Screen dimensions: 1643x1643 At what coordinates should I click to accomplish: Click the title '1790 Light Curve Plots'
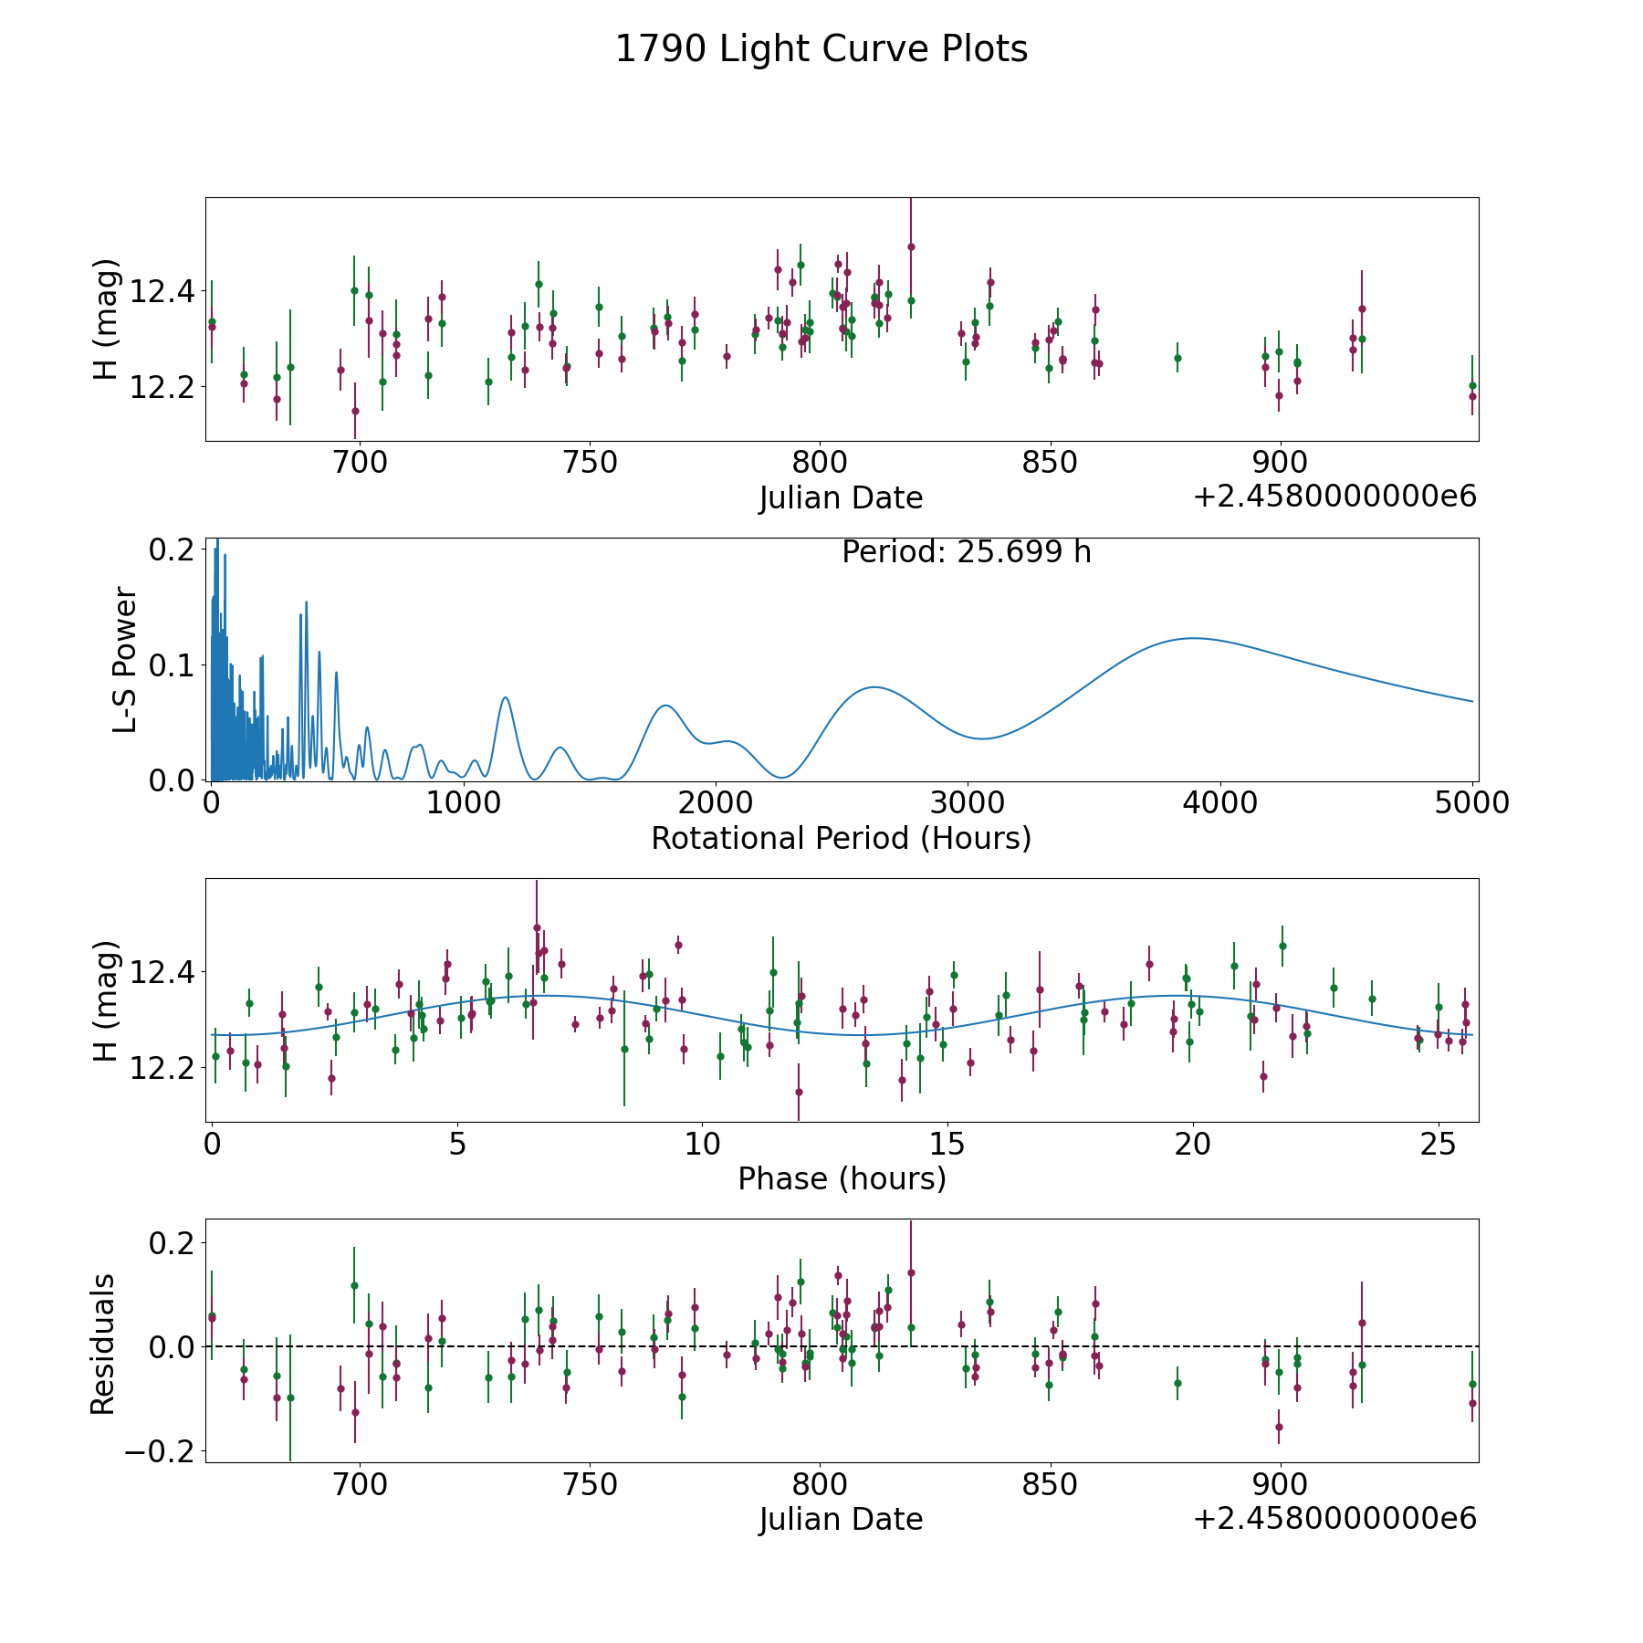click(x=821, y=49)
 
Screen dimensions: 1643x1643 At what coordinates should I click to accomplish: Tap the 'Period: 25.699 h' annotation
click(x=966, y=552)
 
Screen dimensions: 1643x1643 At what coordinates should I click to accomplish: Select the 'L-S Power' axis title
click(x=125, y=660)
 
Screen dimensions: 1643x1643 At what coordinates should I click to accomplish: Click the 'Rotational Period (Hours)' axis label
click(x=841, y=838)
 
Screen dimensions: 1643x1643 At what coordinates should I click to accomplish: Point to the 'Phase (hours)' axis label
click(x=842, y=1178)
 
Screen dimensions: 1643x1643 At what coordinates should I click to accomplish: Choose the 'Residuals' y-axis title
click(x=103, y=1344)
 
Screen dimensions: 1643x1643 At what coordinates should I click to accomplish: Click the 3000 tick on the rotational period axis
click(x=968, y=803)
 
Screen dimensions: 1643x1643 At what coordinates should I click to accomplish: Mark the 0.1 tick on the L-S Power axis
click(x=173, y=665)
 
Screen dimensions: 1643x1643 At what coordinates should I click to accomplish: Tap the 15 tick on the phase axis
click(x=947, y=1144)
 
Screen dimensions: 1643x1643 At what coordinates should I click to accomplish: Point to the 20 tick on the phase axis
click(x=1192, y=1144)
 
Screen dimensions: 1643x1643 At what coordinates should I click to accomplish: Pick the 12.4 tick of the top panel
click(x=162, y=292)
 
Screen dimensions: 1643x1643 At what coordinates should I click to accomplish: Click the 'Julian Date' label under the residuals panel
click(x=841, y=1519)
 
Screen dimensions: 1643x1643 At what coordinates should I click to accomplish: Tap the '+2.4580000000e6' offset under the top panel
click(x=1334, y=497)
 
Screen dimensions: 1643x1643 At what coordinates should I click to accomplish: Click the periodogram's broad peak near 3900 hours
click(x=1192, y=638)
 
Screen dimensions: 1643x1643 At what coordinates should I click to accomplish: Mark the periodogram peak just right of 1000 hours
click(x=505, y=697)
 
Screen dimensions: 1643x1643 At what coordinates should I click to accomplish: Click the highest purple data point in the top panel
click(x=911, y=246)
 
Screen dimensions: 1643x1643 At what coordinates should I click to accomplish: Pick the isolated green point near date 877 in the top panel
click(x=1177, y=358)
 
